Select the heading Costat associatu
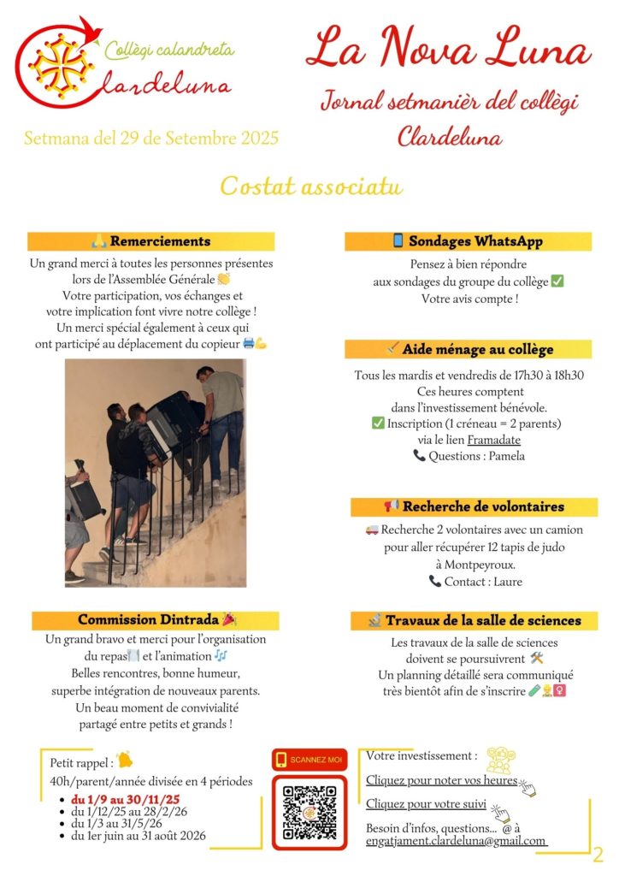pos(310,186)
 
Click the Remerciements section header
pos(151,241)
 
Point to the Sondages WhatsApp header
pos(468,241)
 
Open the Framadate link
pos(493,440)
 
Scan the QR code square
pos(309,812)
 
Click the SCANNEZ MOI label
pos(309,759)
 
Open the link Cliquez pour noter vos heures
pos(441,780)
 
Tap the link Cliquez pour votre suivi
pos(426,804)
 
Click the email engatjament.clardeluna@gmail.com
pos(456,841)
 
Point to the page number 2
pos(598,854)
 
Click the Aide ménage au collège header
pos(468,349)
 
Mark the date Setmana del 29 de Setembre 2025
pos(151,138)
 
